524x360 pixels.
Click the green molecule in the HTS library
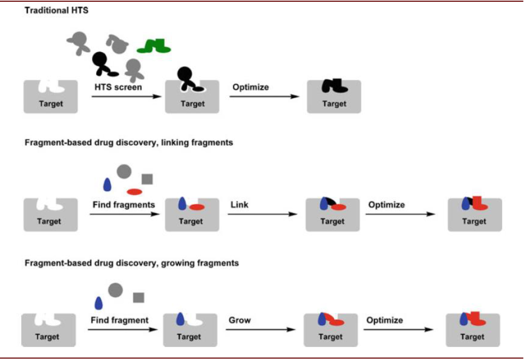click(154, 46)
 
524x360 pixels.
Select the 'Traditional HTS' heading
click(56, 10)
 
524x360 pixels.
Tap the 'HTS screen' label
click(118, 87)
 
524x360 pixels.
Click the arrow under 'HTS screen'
click(126, 97)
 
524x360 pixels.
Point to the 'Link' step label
click(239, 205)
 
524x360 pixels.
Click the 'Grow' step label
click(240, 320)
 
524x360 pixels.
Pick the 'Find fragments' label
click(124, 205)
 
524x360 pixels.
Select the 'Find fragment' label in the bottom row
click(119, 320)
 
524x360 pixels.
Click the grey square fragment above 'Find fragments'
click(147, 179)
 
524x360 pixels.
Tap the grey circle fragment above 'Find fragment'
click(116, 290)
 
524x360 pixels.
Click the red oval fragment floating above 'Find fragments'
click(134, 192)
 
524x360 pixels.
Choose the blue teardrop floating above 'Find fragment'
click(99, 303)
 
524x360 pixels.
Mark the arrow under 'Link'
click(263, 214)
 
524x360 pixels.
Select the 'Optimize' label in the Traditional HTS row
click(251, 87)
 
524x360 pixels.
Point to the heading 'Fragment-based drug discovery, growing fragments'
click(132, 263)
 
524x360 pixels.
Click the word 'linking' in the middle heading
click(173, 143)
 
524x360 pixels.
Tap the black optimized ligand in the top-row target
click(334, 86)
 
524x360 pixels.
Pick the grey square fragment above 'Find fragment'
click(139, 298)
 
